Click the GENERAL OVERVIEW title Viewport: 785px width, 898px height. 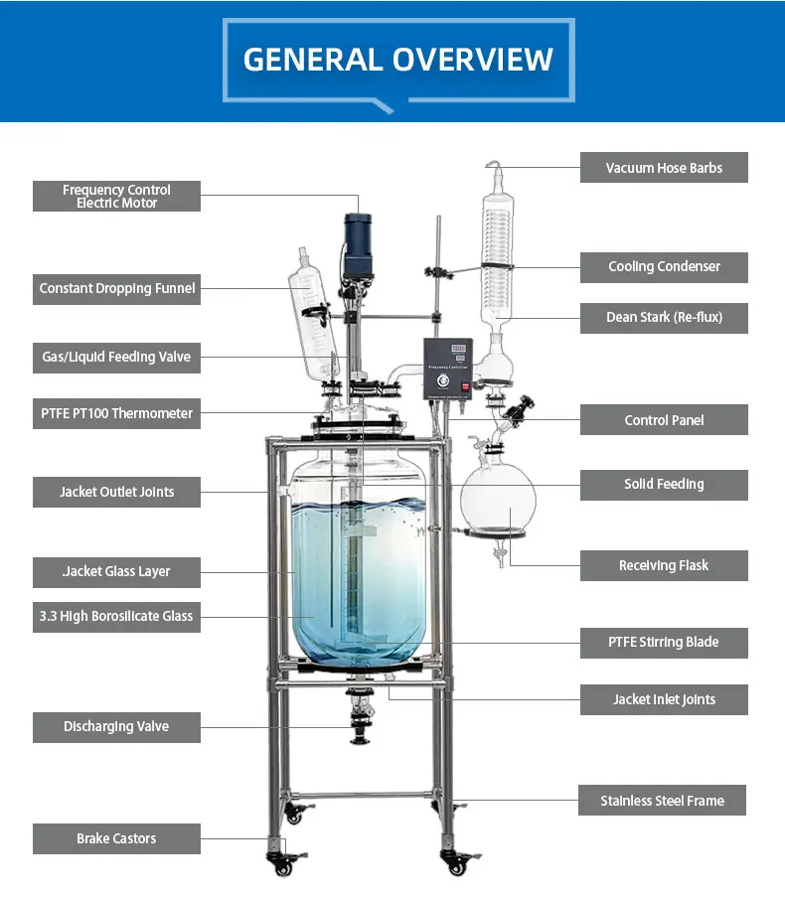tap(397, 59)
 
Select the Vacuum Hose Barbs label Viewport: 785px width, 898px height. tap(664, 168)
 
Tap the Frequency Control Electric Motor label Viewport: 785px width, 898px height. tap(116, 196)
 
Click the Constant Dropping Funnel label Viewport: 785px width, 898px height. tap(116, 288)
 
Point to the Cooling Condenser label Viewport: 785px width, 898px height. tap(664, 266)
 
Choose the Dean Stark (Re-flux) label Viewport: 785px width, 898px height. tap(664, 318)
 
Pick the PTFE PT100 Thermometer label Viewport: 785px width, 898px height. tap(116, 413)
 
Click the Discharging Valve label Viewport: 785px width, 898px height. tap(116, 726)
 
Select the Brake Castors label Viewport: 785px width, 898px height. tap(116, 838)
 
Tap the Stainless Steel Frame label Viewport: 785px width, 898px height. tap(662, 801)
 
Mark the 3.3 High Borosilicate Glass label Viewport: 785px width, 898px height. tap(116, 616)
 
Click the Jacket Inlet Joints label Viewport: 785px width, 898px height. tap(664, 699)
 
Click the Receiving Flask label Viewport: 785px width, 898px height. tap(664, 565)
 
